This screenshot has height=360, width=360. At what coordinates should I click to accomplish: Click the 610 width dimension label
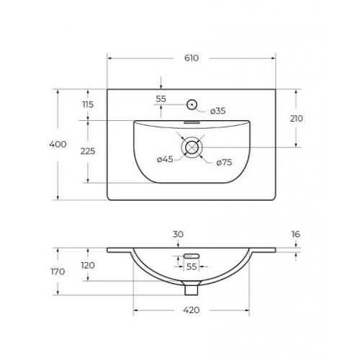[x=192, y=58]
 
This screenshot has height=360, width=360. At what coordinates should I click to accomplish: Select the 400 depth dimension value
[x=58, y=144]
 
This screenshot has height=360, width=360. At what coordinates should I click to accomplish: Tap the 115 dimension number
[x=88, y=104]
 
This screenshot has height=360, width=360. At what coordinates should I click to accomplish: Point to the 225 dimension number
[x=88, y=151]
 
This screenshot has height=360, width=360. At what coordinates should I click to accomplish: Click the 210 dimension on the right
[x=297, y=119]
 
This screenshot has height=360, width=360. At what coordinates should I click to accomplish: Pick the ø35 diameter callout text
[x=218, y=111]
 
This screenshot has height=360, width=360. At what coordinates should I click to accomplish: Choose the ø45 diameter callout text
[x=165, y=159]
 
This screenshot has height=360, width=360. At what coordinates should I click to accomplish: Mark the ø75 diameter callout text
[x=224, y=163]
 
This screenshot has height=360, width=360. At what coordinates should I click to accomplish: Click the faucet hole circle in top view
[x=192, y=104]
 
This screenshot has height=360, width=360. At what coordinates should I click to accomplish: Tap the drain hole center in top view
[x=192, y=147]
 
